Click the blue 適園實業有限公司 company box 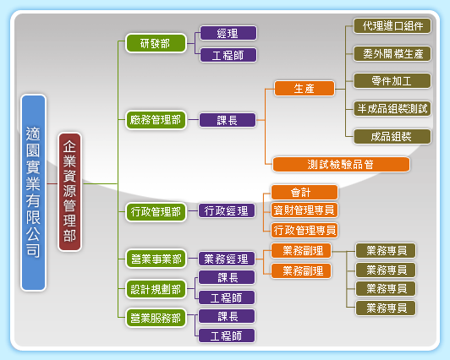click(x=34, y=193)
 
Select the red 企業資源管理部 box click(x=70, y=192)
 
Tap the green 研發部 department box click(x=156, y=43)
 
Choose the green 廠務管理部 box click(x=156, y=120)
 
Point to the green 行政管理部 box click(x=156, y=212)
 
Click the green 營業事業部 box click(x=156, y=259)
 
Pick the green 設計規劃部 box click(x=156, y=289)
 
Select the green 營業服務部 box click(x=156, y=318)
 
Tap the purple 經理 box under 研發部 click(x=228, y=33)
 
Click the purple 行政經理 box click(x=227, y=211)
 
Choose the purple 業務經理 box click(x=227, y=259)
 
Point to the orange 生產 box click(x=305, y=88)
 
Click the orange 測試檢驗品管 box click(x=341, y=165)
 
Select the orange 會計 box click(x=305, y=193)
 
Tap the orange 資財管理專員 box click(x=305, y=210)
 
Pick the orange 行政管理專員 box click(x=305, y=230)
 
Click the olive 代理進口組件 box click(x=392, y=26)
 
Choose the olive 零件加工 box click(x=392, y=81)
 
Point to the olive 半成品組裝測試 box click(x=392, y=108)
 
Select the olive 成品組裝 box click(x=392, y=136)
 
